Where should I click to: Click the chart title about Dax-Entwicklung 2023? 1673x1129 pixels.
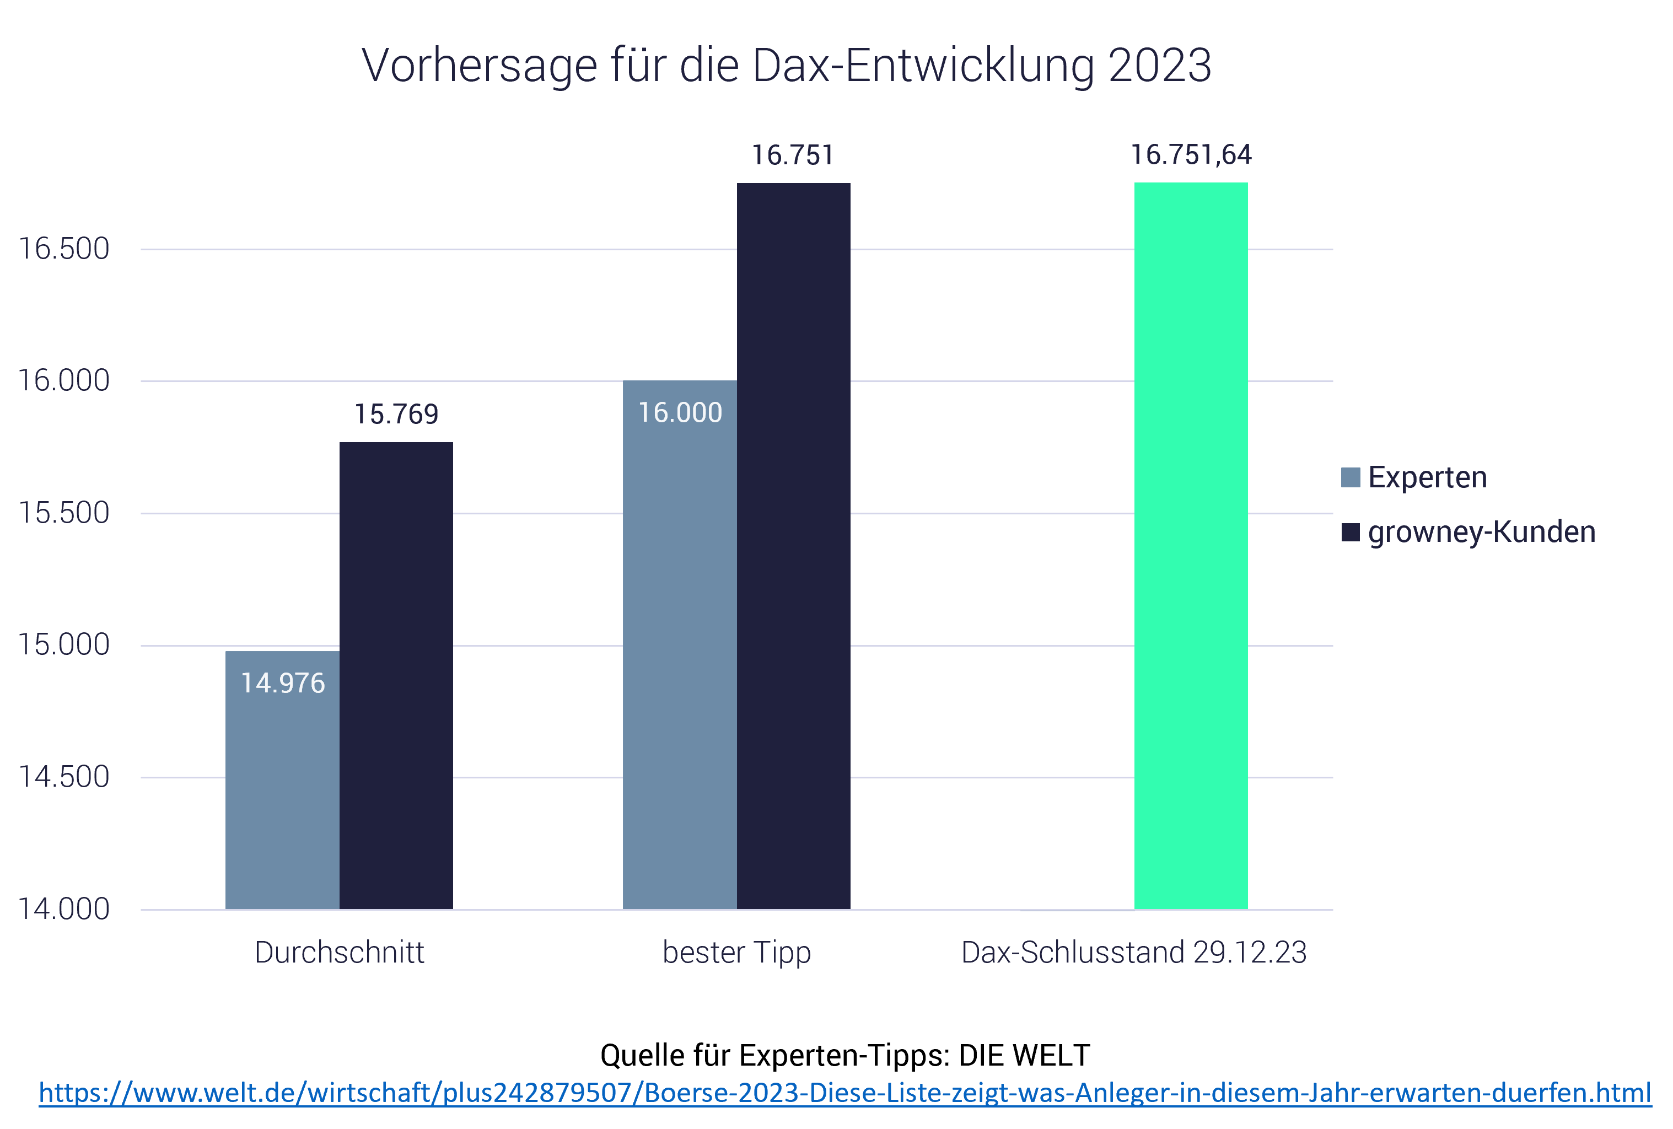point(786,66)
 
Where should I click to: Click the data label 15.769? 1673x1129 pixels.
point(396,414)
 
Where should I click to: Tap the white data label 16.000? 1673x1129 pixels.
point(680,412)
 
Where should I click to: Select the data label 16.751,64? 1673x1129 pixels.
point(1191,155)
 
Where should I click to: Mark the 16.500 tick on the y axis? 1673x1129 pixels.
point(63,249)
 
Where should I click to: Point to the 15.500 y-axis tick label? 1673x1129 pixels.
point(63,513)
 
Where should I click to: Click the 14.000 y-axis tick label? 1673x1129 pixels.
point(63,910)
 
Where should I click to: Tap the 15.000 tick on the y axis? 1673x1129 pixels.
point(63,645)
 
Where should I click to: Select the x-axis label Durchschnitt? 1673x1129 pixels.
point(339,953)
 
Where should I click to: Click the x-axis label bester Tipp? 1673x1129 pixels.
point(736,953)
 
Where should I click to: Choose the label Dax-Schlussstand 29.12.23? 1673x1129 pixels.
point(1134,953)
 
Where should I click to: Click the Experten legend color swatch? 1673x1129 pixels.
point(1351,477)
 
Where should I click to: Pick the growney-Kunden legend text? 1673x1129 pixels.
point(1482,532)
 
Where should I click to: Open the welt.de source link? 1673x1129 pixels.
point(844,1093)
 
